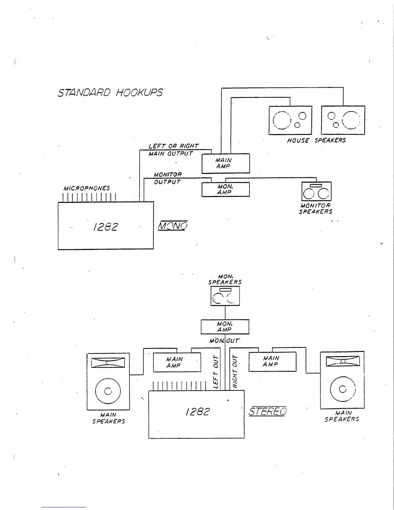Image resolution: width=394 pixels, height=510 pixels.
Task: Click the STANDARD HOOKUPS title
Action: tap(110, 93)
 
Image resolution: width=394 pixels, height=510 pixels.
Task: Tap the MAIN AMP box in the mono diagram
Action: tap(225, 163)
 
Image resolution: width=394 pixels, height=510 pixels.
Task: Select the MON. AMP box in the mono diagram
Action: tap(225, 189)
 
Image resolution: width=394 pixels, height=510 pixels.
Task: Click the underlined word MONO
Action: tap(173, 226)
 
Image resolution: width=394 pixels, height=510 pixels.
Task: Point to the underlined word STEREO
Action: tap(267, 411)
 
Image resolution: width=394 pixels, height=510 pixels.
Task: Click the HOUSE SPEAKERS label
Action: tap(316, 140)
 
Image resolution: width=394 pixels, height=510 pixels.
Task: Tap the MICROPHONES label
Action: tap(87, 188)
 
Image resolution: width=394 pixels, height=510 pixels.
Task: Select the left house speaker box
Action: tap(290, 120)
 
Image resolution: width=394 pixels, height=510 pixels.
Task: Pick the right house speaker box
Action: tap(343, 120)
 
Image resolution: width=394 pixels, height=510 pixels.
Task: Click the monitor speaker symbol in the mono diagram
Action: tap(316, 192)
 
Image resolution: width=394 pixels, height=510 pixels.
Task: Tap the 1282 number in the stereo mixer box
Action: tap(197, 412)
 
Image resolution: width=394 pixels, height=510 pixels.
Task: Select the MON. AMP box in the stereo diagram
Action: tap(225, 327)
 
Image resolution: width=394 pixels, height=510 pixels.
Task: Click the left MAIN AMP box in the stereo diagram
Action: tap(177, 362)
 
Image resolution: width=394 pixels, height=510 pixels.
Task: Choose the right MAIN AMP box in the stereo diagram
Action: tap(272, 362)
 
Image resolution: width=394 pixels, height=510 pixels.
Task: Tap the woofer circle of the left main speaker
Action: tap(108, 391)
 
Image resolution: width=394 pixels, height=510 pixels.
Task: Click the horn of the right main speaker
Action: tap(342, 361)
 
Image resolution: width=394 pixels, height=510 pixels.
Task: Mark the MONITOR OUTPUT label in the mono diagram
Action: tap(167, 178)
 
